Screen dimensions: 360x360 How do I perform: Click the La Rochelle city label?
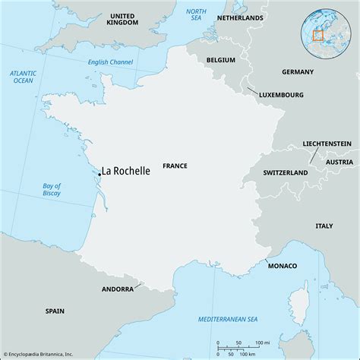click(x=127, y=172)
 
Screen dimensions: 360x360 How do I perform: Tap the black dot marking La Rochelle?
click(x=99, y=174)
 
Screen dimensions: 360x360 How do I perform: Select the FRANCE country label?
click(x=175, y=166)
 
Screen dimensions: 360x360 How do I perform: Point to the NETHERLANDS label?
click(x=240, y=17)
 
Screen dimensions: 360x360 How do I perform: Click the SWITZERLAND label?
click(x=285, y=173)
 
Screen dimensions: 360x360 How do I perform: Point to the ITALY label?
click(x=324, y=226)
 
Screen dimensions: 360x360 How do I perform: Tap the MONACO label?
click(x=282, y=266)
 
